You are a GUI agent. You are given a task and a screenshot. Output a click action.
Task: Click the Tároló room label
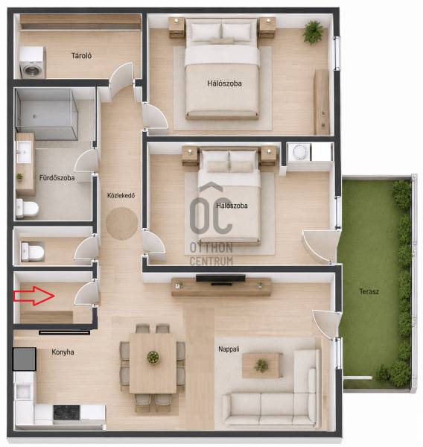(x=81, y=56)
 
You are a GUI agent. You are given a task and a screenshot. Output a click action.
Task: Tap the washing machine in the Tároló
(x=33, y=63)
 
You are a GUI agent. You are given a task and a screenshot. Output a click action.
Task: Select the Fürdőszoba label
(x=57, y=178)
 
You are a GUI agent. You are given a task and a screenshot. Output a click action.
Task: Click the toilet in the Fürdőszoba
(x=27, y=209)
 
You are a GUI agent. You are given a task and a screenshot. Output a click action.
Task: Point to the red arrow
(x=34, y=296)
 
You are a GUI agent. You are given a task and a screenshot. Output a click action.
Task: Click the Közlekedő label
(x=121, y=195)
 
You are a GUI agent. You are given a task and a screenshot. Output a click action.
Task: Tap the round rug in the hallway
(x=122, y=223)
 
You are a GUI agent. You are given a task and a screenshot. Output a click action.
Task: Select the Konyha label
(x=63, y=352)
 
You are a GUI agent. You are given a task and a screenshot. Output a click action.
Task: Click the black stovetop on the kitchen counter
(x=66, y=412)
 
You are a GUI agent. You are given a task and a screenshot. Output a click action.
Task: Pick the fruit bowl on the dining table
(x=153, y=358)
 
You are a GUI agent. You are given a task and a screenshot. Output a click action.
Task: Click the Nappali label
(x=229, y=349)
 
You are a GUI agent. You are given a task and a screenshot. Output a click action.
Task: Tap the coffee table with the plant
(x=261, y=365)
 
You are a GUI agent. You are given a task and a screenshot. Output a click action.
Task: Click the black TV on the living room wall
(x=220, y=279)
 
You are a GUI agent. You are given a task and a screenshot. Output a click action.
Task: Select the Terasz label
(x=369, y=291)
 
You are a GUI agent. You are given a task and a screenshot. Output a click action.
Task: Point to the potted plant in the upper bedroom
(x=313, y=33)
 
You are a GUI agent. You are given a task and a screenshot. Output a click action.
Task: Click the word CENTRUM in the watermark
(x=211, y=261)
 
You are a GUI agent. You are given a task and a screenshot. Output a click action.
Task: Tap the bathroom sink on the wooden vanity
(x=24, y=152)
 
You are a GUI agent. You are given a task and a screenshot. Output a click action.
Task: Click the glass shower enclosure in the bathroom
(x=46, y=114)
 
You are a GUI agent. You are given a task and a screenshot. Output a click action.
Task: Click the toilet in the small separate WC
(x=33, y=252)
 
